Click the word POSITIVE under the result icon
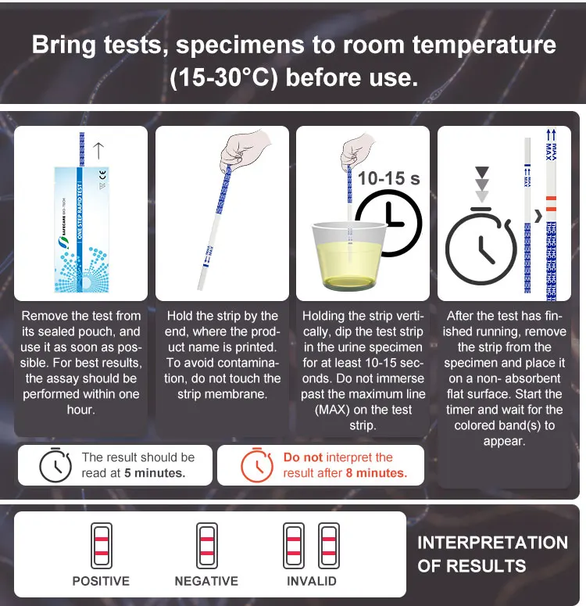[x=101, y=581]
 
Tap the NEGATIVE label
[x=206, y=581]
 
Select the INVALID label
[x=311, y=581]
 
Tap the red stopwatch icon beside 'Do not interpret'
[x=256, y=465]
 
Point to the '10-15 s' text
[x=388, y=178]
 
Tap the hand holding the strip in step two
[x=242, y=148]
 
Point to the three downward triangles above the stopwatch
[x=482, y=185]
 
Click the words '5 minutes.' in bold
[x=155, y=473]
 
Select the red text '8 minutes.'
[x=377, y=473]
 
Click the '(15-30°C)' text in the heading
[x=220, y=78]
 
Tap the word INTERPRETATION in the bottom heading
[x=492, y=543]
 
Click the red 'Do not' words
[x=302, y=457]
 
